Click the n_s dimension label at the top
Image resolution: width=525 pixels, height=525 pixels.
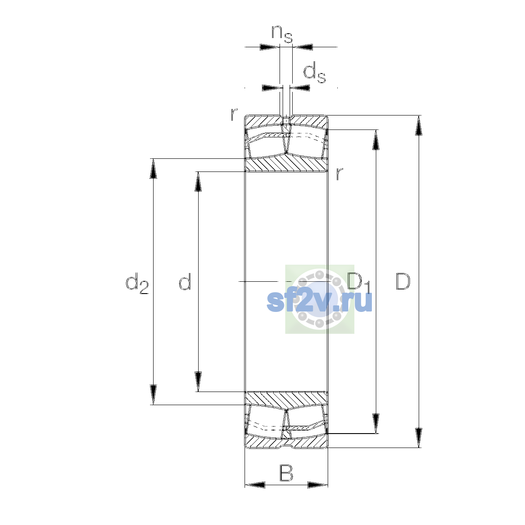point(282,34)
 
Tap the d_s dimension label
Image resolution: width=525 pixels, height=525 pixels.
point(315,73)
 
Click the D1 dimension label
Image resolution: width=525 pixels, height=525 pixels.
point(359,283)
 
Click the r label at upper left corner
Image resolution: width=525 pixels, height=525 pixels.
point(234,114)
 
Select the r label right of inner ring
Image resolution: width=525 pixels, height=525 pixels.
point(339,174)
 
